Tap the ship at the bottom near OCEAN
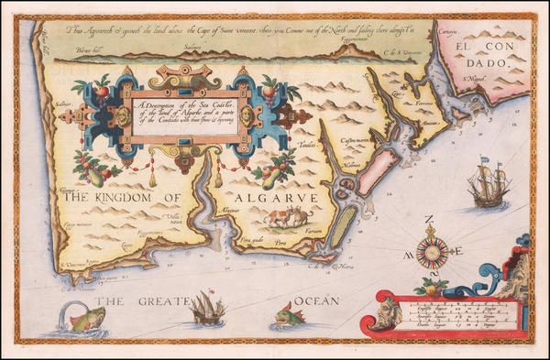pyautogui.click(x=208, y=310)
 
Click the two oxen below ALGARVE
pyautogui.click(x=285, y=219)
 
